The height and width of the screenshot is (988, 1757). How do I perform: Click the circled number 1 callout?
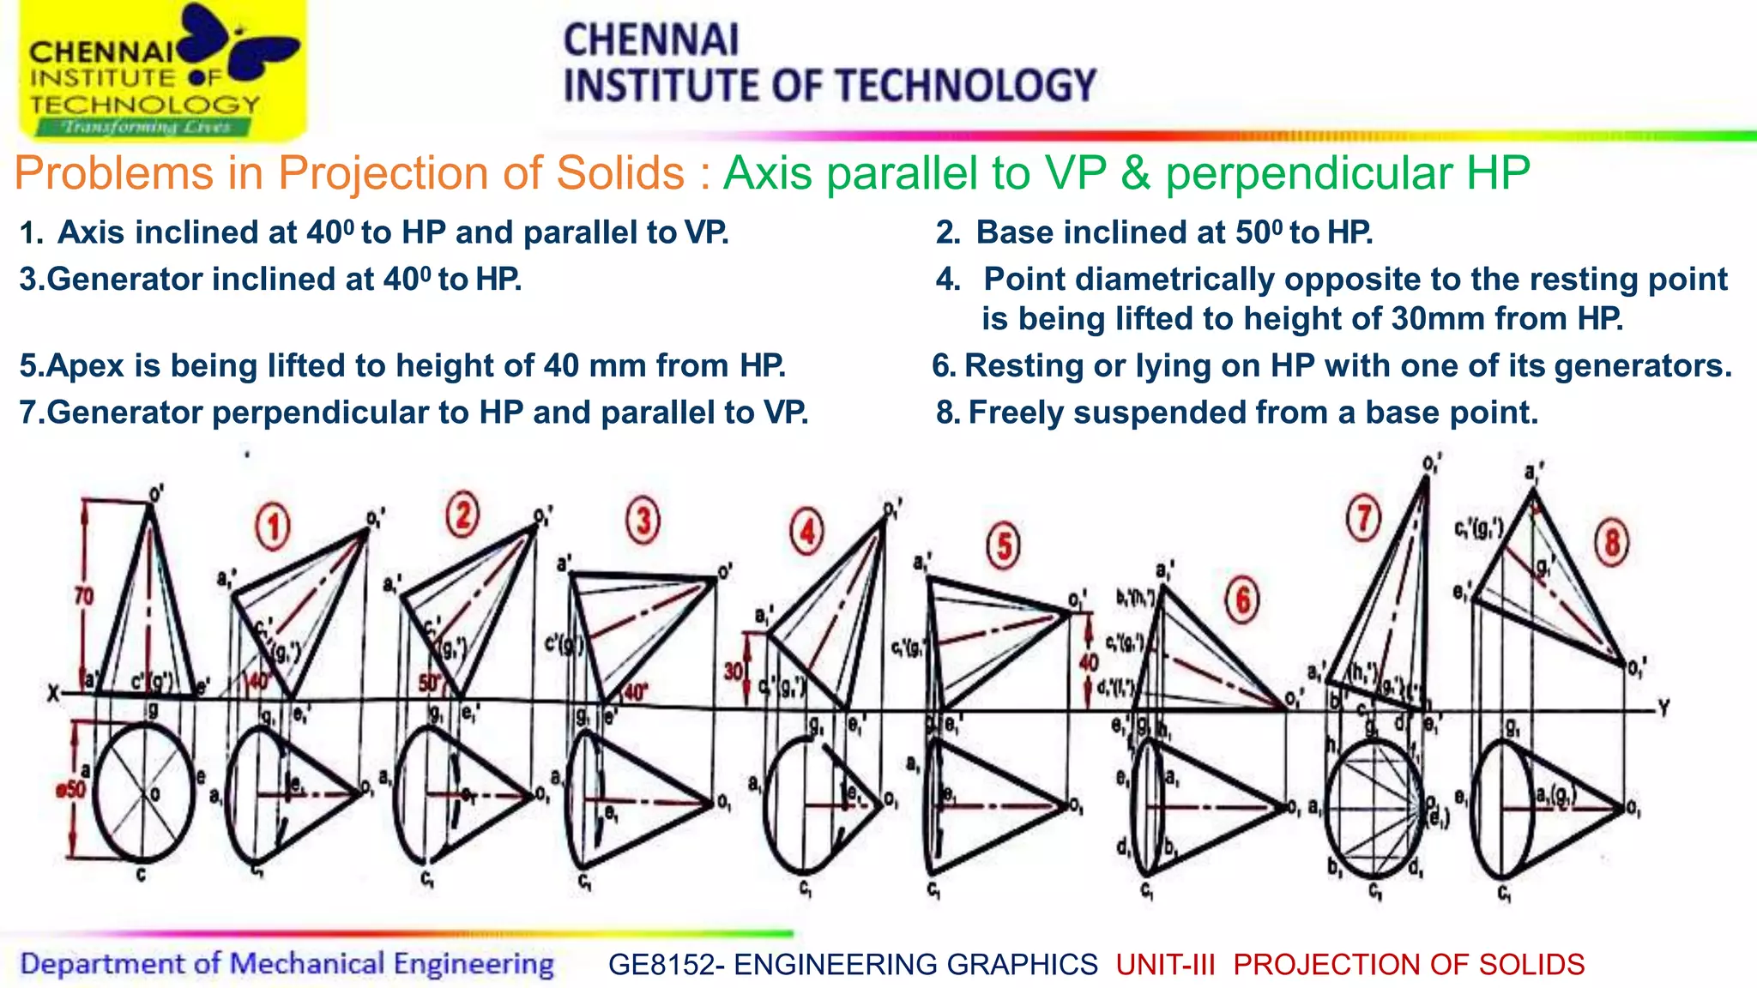(x=273, y=526)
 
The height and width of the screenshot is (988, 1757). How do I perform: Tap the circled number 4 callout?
(x=806, y=532)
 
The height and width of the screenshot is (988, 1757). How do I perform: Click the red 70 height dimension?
(x=83, y=595)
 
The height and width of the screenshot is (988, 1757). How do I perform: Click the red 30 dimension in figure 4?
(x=734, y=671)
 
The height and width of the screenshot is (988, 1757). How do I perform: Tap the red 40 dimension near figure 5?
(x=1089, y=662)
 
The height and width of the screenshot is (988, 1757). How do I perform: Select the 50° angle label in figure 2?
(x=428, y=684)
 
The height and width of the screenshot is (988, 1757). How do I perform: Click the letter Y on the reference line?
(x=1663, y=708)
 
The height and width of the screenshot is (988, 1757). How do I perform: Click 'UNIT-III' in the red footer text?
(x=1166, y=964)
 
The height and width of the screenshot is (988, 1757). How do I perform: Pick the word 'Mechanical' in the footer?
(x=307, y=963)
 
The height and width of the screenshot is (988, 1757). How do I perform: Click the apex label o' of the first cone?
(x=156, y=494)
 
